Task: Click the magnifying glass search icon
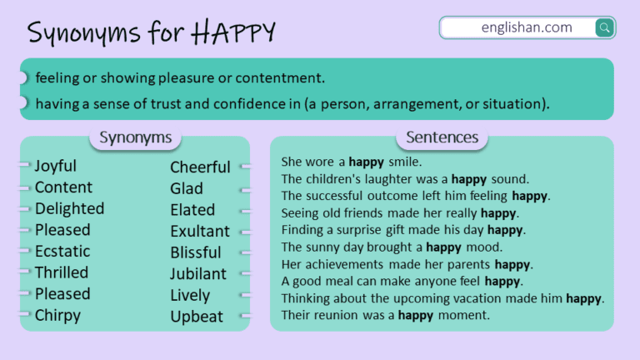pyautogui.click(x=604, y=28)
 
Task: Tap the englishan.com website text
pyautogui.click(x=527, y=27)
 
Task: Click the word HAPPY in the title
pyautogui.click(x=233, y=32)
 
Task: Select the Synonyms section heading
pyautogui.click(x=135, y=137)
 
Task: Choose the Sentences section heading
pyautogui.click(x=442, y=137)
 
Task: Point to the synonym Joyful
pyautogui.click(x=56, y=166)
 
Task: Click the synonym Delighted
pyautogui.click(x=69, y=208)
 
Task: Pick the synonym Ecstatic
pyautogui.click(x=62, y=251)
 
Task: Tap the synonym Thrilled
pyautogui.click(x=61, y=272)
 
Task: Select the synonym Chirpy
pyautogui.click(x=57, y=315)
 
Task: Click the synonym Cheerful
pyautogui.click(x=200, y=167)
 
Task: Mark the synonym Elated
pyautogui.click(x=192, y=210)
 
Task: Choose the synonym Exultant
pyautogui.click(x=200, y=231)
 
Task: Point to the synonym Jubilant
pyautogui.click(x=198, y=273)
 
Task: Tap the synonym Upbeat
pyautogui.click(x=197, y=317)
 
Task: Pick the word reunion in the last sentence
pyautogui.click(x=334, y=315)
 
